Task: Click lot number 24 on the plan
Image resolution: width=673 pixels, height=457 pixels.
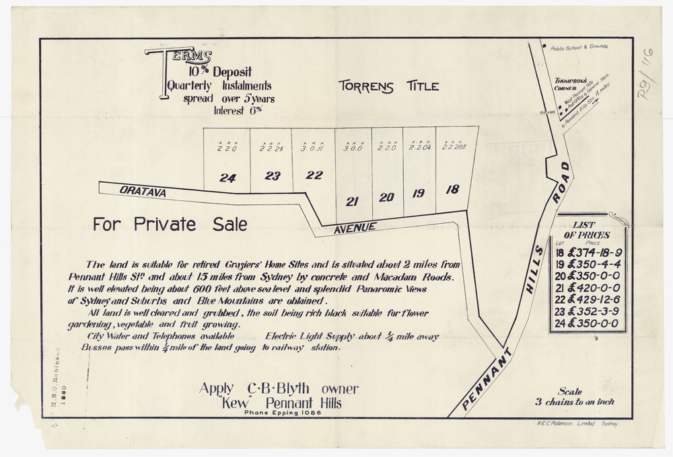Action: click(227, 178)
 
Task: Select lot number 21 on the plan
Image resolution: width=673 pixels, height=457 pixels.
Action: click(351, 200)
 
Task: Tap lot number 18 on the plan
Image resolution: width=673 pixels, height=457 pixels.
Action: click(452, 190)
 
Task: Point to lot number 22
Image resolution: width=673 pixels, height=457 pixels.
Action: click(314, 175)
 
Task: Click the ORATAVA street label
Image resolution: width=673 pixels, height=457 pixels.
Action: click(143, 192)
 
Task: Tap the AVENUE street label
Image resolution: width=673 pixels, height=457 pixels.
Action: click(355, 229)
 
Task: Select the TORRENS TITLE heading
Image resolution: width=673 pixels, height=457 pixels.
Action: click(388, 86)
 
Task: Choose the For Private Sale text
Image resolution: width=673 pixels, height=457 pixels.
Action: click(170, 224)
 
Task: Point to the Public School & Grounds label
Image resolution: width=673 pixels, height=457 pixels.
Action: click(578, 47)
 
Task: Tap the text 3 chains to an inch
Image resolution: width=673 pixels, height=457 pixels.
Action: click(574, 402)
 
